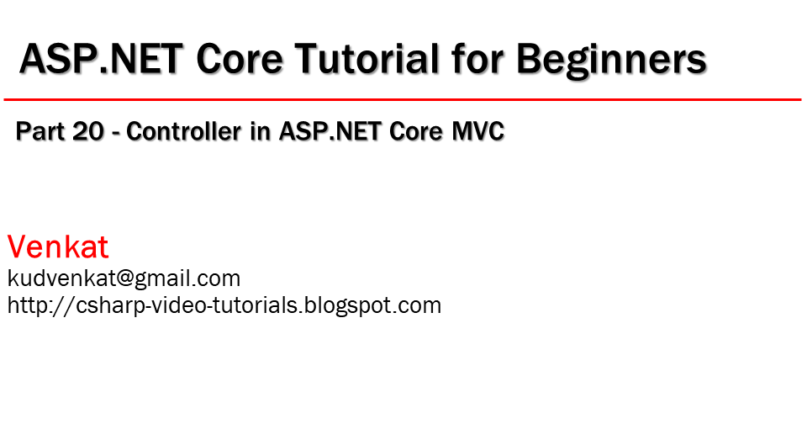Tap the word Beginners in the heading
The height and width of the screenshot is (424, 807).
[x=610, y=60]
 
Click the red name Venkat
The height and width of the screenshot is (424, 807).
[x=58, y=247]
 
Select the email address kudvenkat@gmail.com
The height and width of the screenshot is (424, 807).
[x=124, y=278]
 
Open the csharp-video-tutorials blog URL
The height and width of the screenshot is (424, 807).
[x=224, y=305]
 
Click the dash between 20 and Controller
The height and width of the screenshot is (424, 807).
[x=117, y=134]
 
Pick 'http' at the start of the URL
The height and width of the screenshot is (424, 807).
[x=25, y=305]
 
